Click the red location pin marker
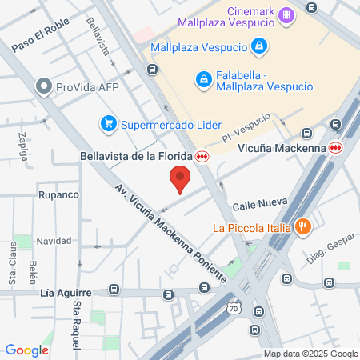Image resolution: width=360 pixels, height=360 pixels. [180, 178]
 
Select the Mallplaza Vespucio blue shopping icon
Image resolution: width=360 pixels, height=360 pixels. [258, 47]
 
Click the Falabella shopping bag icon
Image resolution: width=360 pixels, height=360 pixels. [203, 80]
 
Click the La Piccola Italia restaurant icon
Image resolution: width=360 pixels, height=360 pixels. [302, 226]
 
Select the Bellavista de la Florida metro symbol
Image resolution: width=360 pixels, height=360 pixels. [203, 156]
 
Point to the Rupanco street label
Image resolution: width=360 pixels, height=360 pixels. [58, 194]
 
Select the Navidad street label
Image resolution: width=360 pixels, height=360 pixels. [54, 241]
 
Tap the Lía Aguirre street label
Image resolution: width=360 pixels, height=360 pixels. [65, 294]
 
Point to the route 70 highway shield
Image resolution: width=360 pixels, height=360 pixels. [234, 306]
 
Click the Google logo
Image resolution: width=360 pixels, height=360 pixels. [26, 350]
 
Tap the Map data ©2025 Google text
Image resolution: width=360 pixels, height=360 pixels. [311, 354]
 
